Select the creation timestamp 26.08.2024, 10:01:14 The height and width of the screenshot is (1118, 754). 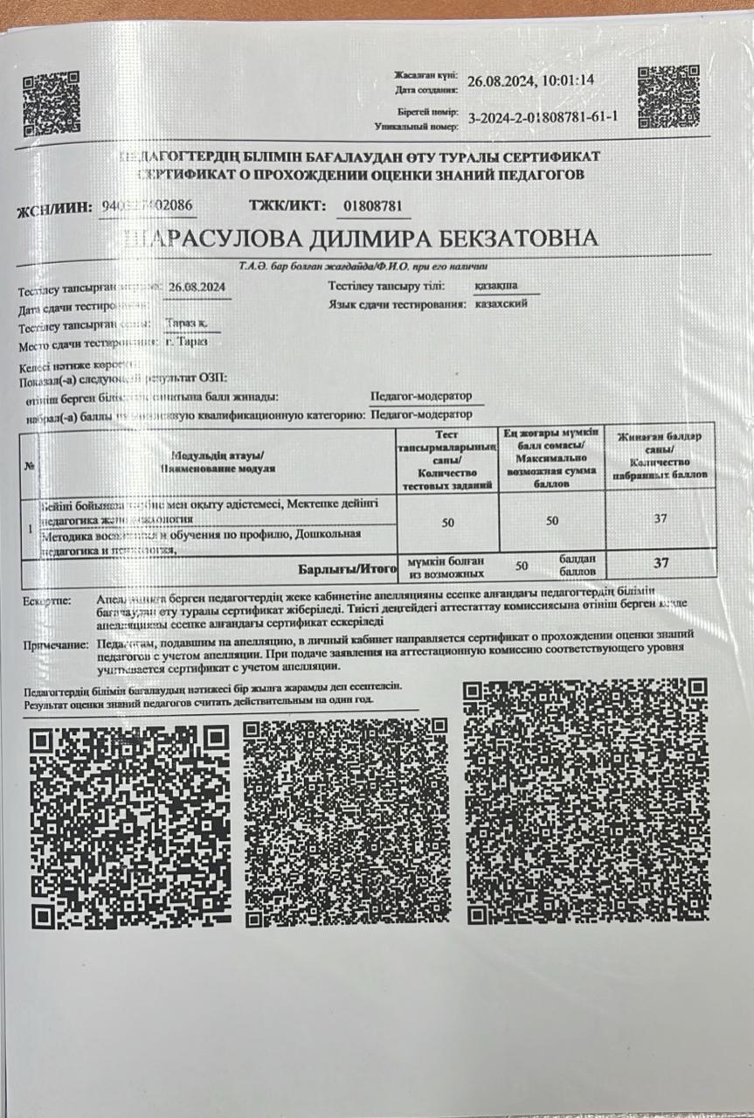(530, 80)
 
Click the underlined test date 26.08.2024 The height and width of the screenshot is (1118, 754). (198, 287)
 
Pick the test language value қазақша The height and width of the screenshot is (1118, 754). (495, 286)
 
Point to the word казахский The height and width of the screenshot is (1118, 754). (501, 304)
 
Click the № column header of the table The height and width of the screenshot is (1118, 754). (31, 465)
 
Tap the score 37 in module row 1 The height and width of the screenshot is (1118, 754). (661, 519)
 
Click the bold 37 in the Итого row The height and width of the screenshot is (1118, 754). (661, 563)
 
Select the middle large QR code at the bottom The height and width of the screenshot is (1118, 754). (345, 823)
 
